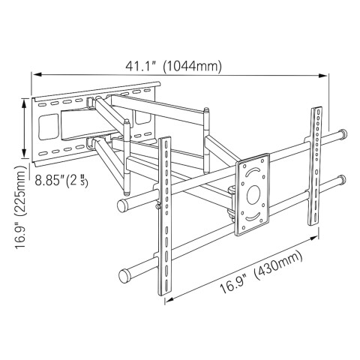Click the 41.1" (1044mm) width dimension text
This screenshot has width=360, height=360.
pos(175,66)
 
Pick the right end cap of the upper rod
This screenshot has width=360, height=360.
pos(343,135)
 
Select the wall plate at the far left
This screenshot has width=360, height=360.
pos(52,127)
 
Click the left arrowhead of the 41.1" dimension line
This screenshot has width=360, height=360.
pos(34,74)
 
